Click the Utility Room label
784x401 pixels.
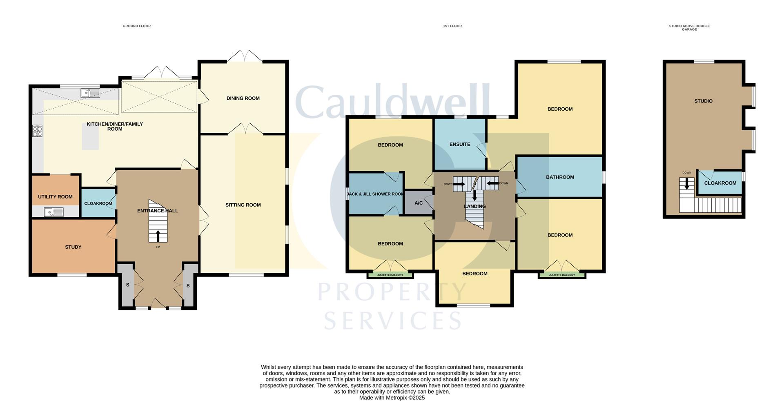[x=55, y=197]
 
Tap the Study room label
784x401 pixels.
[x=73, y=247]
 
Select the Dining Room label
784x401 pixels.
[x=243, y=98]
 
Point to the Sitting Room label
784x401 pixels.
[x=243, y=205]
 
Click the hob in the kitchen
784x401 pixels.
[x=38, y=131]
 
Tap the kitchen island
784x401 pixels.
[x=90, y=136]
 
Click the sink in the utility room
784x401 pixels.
[x=53, y=212]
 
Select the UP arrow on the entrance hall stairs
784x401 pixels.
[x=158, y=236]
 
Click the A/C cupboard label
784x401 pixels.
[x=419, y=203]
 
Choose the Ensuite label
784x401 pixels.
[x=460, y=145]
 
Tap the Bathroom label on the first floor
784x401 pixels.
[x=560, y=177]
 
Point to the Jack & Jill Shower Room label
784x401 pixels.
[x=375, y=194]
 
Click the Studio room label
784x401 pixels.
[x=703, y=101]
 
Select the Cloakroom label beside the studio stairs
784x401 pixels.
[x=720, y=183]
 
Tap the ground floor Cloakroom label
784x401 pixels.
[x=98, y=204]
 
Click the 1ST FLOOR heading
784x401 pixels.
[x=452, y=26]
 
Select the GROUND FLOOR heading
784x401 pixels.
[x=137, y=26]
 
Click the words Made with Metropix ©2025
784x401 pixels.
[x=392, y=398]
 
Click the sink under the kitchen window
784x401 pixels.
[x=90, y=94]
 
